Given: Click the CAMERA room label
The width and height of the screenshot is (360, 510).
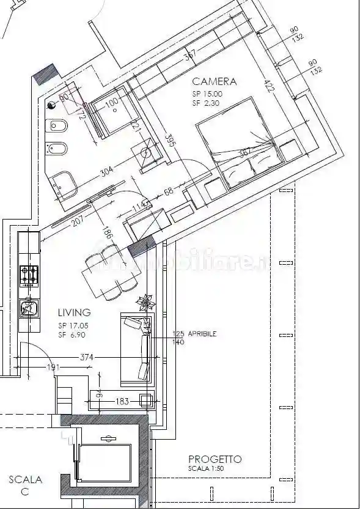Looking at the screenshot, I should tap(214, 81).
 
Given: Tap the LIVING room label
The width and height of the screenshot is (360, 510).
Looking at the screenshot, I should tap(75, 312).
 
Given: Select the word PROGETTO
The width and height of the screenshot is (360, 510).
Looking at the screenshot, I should tap(215, 459).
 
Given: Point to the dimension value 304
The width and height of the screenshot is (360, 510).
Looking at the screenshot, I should tap(106, 172).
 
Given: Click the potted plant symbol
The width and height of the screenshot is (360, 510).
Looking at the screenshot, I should tap(145, 301).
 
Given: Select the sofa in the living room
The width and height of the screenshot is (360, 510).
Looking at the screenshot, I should tap(138, 347).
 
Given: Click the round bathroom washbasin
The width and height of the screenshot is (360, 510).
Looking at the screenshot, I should tap(147, 153).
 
